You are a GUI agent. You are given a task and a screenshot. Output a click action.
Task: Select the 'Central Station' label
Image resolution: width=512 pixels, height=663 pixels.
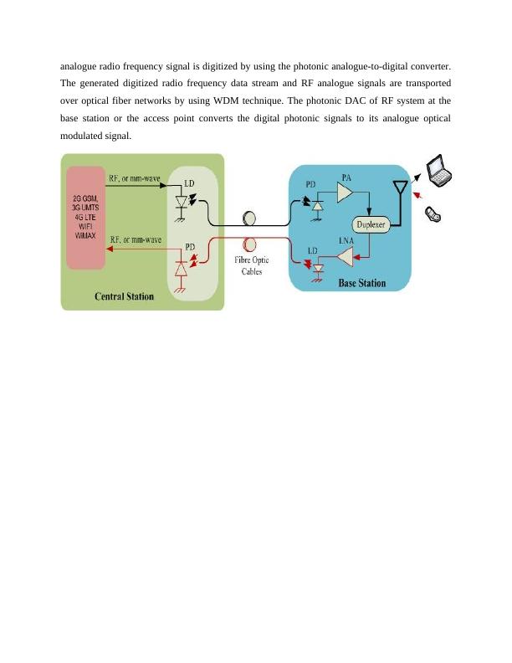[x=123, y=296]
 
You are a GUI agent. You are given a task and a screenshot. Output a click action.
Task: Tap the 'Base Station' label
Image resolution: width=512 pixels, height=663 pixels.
[x=361, y=283]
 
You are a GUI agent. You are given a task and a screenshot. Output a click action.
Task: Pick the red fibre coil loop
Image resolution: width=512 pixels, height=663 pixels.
[x=248, y=244]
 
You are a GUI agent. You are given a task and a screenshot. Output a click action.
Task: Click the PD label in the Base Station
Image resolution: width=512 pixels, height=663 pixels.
[x=310, y=184]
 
